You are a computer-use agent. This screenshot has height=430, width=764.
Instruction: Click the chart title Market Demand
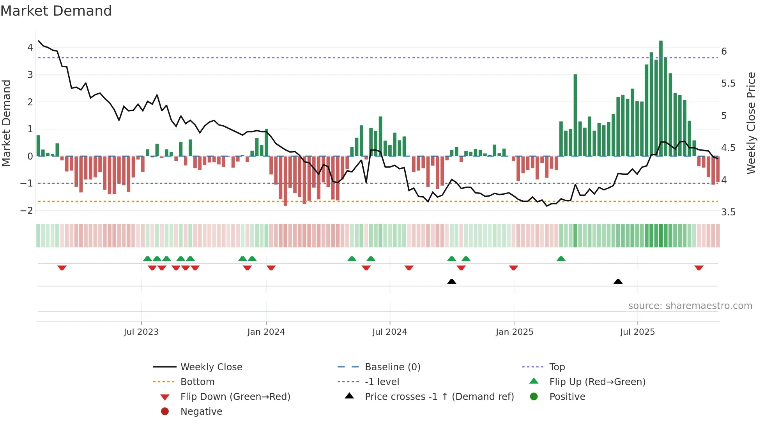(x=56, y=11)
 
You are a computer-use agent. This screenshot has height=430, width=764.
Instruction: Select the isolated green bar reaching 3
(x=575, y=115)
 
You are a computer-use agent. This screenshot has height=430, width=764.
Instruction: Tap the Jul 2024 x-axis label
(x=389, y=332)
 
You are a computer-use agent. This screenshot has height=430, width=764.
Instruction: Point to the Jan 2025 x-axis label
(x=515, y=332)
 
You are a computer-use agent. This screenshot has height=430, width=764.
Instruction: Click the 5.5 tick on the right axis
(x=728, y=84)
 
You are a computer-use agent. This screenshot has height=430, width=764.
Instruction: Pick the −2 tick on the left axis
(x=27, y=210)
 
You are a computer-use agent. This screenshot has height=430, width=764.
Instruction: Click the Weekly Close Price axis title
(x=751, y=123)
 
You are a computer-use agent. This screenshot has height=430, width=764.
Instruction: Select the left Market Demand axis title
(x=7, y=123)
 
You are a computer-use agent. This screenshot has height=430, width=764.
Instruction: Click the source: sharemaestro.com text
(x=690, y=306)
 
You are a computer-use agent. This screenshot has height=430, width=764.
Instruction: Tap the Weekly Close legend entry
(x=211, y=367)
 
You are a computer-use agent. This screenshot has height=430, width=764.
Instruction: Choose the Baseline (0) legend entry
(x=392, y=367)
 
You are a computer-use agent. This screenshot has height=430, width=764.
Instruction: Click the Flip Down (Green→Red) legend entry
(x=235, y=397)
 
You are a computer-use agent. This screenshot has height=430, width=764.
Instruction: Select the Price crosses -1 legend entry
(x=439, y=397)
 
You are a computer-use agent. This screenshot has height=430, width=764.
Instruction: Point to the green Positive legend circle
(x=534, y=397)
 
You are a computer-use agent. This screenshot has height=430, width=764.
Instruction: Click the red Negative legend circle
(x=165, y=412)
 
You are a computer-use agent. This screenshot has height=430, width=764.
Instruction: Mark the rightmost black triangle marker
(x=618, y=281)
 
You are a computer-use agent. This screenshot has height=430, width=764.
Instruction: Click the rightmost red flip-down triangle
(x=699, y=268)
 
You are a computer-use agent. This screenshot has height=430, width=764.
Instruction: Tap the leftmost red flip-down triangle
(x=62, y=268)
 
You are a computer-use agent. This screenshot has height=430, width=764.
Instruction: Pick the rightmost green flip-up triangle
(x=561, y=259)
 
